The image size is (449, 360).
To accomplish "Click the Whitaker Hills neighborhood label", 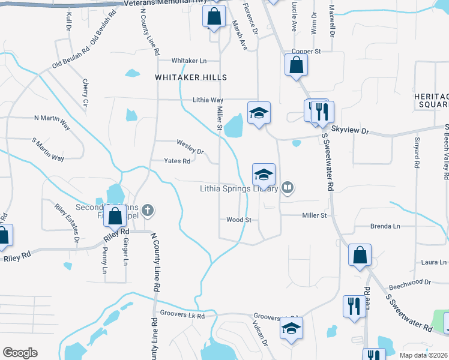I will (x=191, y=77).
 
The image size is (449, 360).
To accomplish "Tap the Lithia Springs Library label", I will (x=239, y=188).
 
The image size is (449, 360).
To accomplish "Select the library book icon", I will (x=288, y=188).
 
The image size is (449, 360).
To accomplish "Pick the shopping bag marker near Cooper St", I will (x=296, y=65).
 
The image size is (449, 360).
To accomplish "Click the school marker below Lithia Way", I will (x=259, y=113).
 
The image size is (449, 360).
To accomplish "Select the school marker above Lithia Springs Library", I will (x=264, y=175).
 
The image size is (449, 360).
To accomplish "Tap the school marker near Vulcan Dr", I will (x=292, y=328).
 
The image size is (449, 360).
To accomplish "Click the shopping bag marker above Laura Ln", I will (x=359, y=255).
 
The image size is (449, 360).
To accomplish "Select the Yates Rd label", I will (x=178, y=161).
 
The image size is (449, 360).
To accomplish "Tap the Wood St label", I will (x=238, y=220).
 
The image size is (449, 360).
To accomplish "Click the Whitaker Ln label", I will (x=189, y=61).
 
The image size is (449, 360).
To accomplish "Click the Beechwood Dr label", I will (x=410, y=281).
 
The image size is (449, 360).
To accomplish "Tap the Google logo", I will (x=20, y=352).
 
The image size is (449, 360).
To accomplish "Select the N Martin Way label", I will (x=52, y=118).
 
